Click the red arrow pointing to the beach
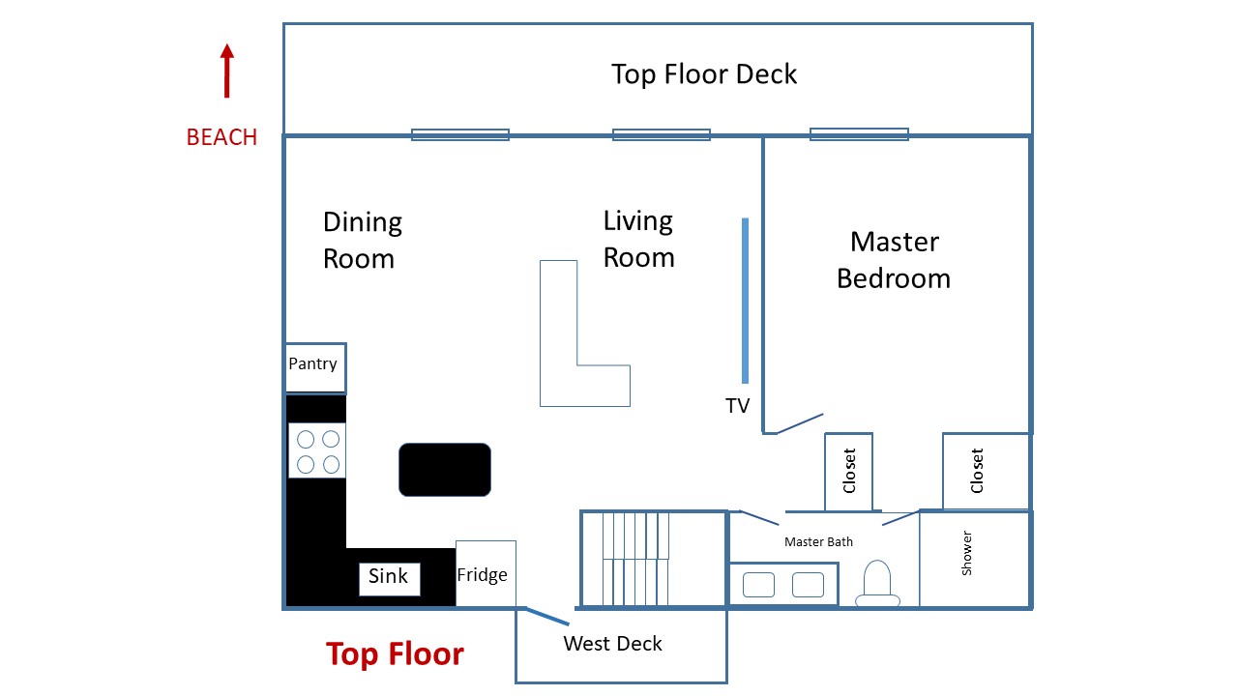tap(226, 72)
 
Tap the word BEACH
tap(221, 137)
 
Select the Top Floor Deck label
tap(704, 74)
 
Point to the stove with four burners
tap(317, 450)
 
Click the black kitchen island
tap(445, 470)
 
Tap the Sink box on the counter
tap(389, 578)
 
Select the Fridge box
tap(485, 574)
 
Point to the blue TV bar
tap(745, 301)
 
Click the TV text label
tap(738, 406)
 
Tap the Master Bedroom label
tap(894, 260)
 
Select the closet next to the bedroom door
tap(848, 471)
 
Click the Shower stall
tap(974, 558)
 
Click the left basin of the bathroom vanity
tap(758, 585)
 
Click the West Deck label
tap(612, 644)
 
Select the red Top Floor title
tap(395, 654)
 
